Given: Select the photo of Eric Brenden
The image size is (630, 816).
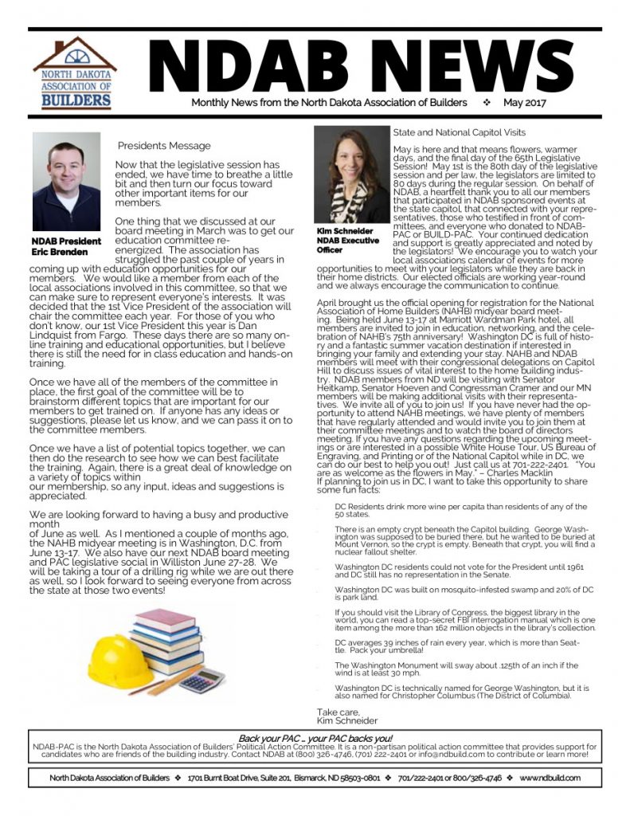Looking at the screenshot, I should (x=66, y=182).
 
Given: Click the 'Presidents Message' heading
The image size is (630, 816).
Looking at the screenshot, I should (x=164, y=146).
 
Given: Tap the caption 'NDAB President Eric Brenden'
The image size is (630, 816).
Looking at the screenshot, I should (x=66, y=246).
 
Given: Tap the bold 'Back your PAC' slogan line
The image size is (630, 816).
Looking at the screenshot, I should (x=314, y=739).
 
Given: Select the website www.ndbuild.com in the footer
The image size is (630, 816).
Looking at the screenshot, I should (x=550, y=778).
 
